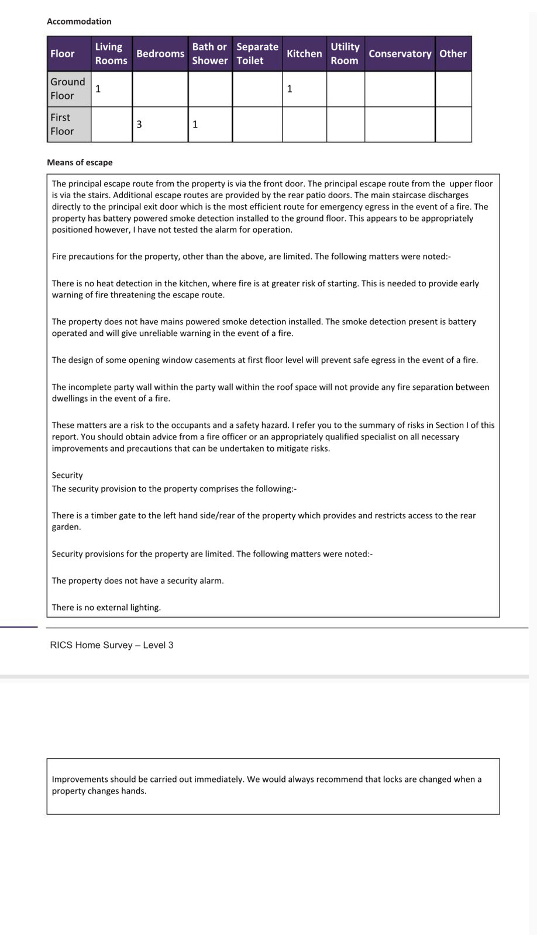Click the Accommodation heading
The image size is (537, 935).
[x=79, y=22]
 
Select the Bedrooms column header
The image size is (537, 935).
[x=160, y=54]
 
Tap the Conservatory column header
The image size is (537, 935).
[x=400, y=54]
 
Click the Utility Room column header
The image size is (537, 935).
[x=345, y=54]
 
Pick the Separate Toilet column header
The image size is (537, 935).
[x=257, y=54]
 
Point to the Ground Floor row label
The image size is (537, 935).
[x=68, y=89]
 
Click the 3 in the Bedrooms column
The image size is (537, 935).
[x=139, y=124]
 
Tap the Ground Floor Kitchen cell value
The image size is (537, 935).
[x=290, y=89]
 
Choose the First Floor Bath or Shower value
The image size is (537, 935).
[x=195, y=124]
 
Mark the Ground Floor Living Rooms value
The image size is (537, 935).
[x=98, y=89]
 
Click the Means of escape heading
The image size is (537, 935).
[x=80, y=162]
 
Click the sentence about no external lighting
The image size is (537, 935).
[x=106, y=608]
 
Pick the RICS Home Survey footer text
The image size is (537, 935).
[x=112, y=645]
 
